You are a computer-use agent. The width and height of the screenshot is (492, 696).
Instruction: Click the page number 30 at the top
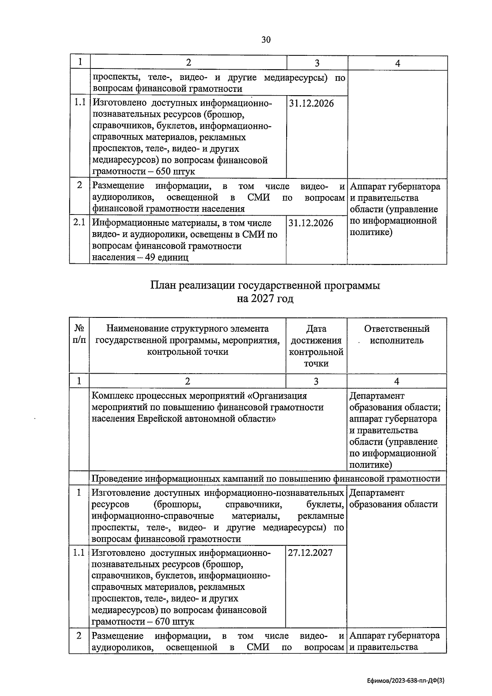[x=266, y=39]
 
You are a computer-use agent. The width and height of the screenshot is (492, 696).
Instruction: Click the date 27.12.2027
[x=310, y=552]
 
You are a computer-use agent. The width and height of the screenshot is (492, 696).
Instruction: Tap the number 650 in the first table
[x=167, y=171]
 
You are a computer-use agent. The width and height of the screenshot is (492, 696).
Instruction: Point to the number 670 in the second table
[x=166, y=621]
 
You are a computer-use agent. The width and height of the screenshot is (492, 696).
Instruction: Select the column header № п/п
[x=79, y=334]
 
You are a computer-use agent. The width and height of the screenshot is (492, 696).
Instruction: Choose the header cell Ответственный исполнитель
[x=396, y=334]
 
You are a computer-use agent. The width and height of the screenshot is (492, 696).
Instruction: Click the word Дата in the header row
[x=316, y=329]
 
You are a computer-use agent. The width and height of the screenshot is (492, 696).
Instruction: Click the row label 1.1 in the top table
[x=80, y=103]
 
